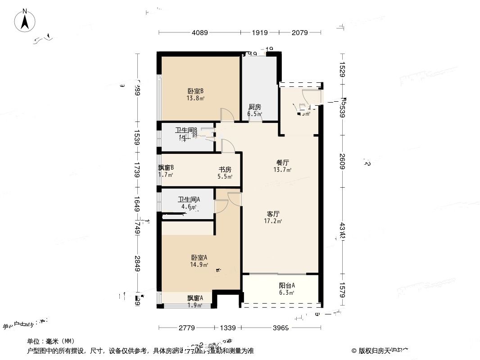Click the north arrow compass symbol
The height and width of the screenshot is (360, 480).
pyautogui.click(x=25, y=21)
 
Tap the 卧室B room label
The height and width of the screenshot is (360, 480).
pyautogui.click(x=196, y=90)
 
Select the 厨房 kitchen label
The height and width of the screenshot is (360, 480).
pyautogui.click(x=255, y=107)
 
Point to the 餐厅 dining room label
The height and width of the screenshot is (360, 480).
pyautogui.click(x=282, y=162)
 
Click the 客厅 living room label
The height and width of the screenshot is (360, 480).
pyautogui.click(x=273, y=214)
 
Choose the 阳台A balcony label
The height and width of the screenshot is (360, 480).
pyautogui.click(x=287, y=285)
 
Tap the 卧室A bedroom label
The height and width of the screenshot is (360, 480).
pyautogui.click(x=199, y=258)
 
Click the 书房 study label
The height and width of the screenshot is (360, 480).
pyautogui.click(x=225, y=170)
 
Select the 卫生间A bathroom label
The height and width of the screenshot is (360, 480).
pyautogui.click(x=189, y=200)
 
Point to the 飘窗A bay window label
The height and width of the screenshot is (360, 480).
pyautogui.click(x=195, y=298)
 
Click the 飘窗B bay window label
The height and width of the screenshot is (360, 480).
pyautogui.click(x=166, y=168)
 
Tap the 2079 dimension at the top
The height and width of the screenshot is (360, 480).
pyautogui.click(x=299, y=32)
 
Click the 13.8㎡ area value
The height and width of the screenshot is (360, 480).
pyautogui.click(x=196, y=98)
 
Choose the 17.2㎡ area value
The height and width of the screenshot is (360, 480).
pyautogui.click(x=273, y=221)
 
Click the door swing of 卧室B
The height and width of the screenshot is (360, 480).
pyautogui.click(x=227, y=115)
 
